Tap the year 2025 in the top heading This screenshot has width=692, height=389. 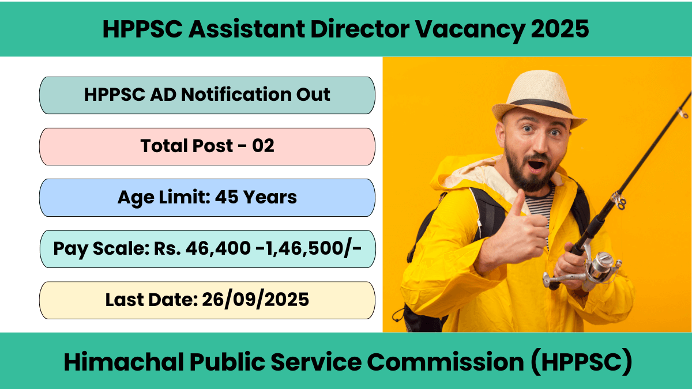[560, 29]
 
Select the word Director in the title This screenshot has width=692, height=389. [360, 29]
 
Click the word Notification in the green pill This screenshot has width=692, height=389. [236, 95]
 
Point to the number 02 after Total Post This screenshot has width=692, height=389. [263, 146]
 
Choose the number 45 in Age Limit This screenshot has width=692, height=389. [227, 197]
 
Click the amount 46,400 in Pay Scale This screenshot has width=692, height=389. [218, 248]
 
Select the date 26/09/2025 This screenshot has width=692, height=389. [255, 300]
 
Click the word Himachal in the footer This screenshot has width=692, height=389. [123, 362]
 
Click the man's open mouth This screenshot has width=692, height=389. [536, 165]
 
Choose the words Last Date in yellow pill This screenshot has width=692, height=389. [151, 300]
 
